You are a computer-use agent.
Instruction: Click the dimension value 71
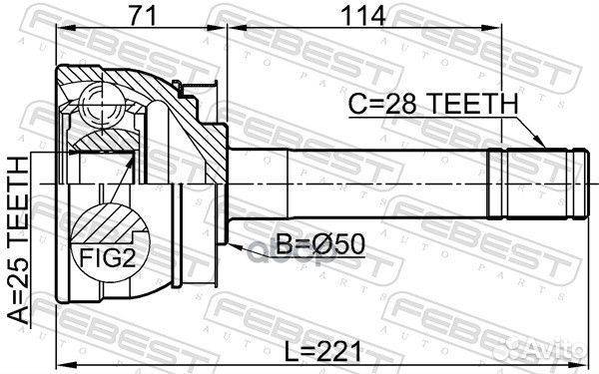pos(143,16)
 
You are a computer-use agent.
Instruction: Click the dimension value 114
pos(363,16)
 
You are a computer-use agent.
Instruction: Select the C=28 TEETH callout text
pos(433,104)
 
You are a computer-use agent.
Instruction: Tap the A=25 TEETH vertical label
pos(18,240)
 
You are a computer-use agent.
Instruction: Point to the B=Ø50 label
pos(320,244)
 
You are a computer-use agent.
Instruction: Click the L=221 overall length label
pos(322,351)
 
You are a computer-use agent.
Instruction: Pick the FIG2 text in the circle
pos(108,258)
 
